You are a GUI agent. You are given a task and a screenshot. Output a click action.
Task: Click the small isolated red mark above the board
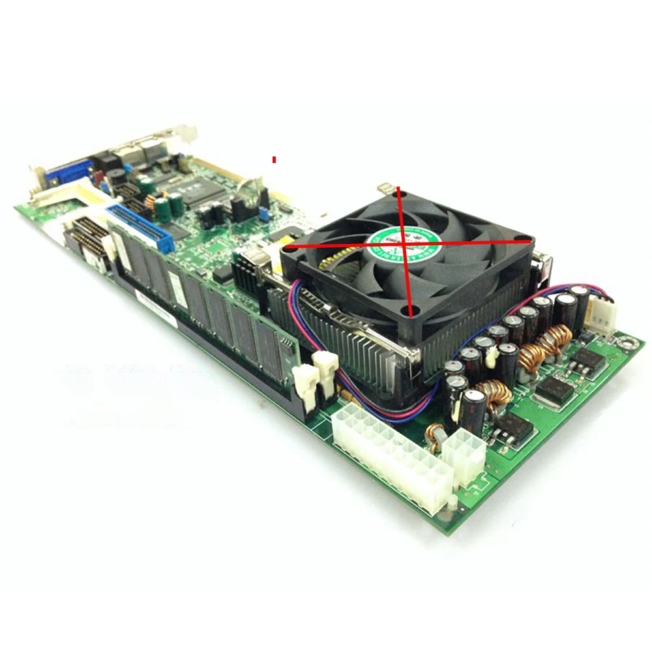(274, 159)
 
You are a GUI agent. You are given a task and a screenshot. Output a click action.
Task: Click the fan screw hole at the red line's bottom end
(411, 312)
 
